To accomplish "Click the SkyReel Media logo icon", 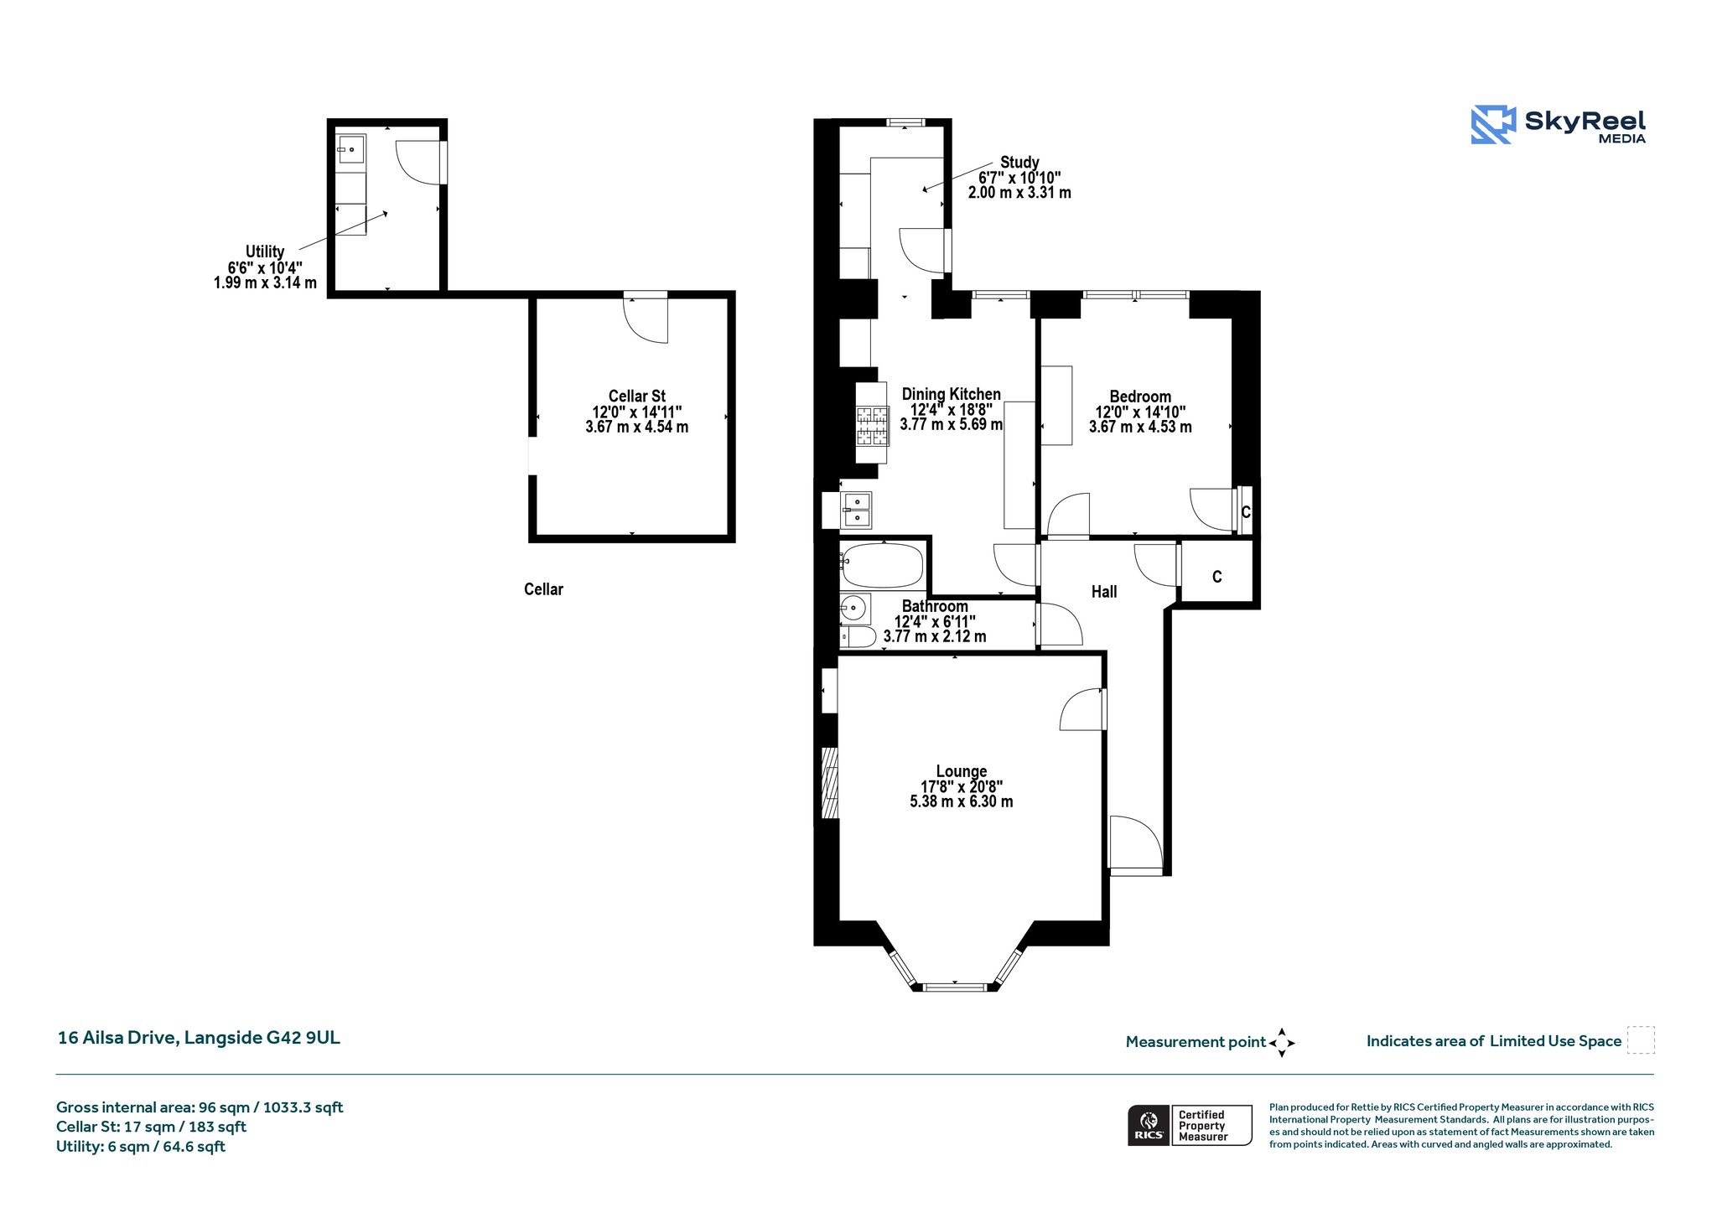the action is coord(1493,125).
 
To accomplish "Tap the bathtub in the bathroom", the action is coord(883,566).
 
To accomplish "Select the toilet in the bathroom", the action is coord(858,637).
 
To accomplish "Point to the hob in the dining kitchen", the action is coord(872,426).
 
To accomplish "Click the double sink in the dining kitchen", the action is coord(856,511).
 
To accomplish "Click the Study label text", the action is coord(1019,162).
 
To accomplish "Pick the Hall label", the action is coord(1104,592).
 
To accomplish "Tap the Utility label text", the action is coord(265,251).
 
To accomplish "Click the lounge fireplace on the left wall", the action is coord(830,782).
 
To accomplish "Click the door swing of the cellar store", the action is coord(646,320).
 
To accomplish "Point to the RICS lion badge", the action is coord(1149,1125).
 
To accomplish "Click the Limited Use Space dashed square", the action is coord(1641,1039).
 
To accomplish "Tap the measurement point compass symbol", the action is coord(1282,1043).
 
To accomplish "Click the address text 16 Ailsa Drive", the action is coord(117,1038).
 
